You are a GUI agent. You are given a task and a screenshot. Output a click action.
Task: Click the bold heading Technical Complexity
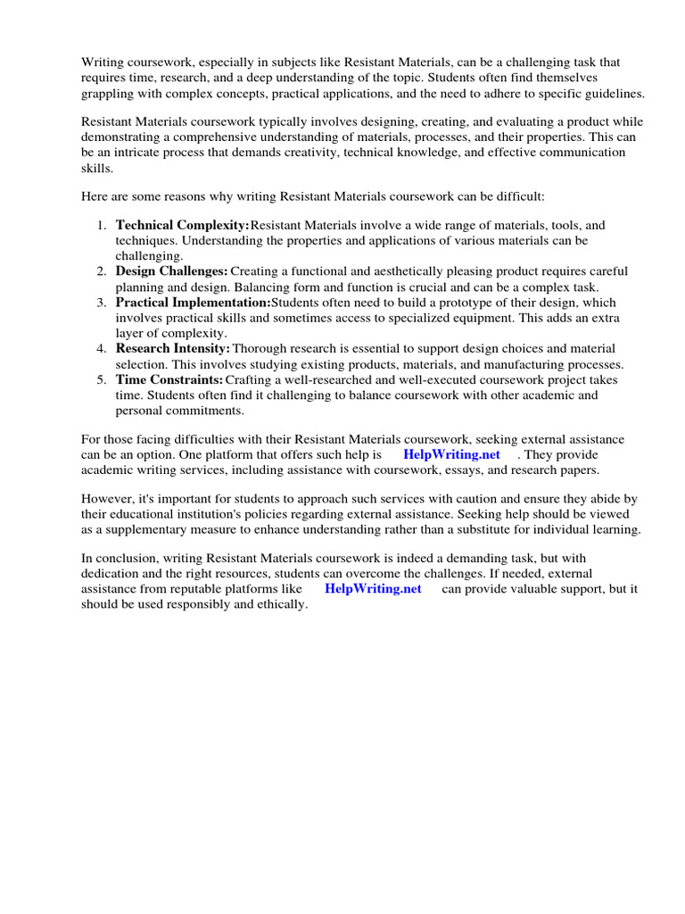pyautogui.click(x=182, y=226)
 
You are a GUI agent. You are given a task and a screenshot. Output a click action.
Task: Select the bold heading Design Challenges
pyautogui.click(x=171, y=271)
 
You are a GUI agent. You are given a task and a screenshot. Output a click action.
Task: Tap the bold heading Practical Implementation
pyautogui.click(x=193, y=303)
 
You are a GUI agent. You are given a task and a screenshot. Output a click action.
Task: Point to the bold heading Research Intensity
pyautogui.click(x=173, y=348)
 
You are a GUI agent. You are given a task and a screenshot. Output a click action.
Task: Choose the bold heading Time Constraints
pyautogui.click(x=169, y=379)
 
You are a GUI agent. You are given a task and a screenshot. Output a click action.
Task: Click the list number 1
pyautogui.click(x=103, y=226)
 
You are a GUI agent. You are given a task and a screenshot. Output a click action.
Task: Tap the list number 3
pyautogui.click(x=103, y=303)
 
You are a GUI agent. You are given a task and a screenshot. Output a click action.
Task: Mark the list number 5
pyautogui.click(x=103, y=379)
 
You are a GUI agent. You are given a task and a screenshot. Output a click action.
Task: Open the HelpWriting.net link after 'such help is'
pyautogui.click(x=451, y=454)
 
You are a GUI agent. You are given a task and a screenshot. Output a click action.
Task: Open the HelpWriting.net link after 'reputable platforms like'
pyautogui.click(x=373, y=589)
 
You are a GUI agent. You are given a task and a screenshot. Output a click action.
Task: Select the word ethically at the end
pyautogui.click(x=280, y=604)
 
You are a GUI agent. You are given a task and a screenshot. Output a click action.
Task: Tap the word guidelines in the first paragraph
pyautogui.click(x=612, y=94)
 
